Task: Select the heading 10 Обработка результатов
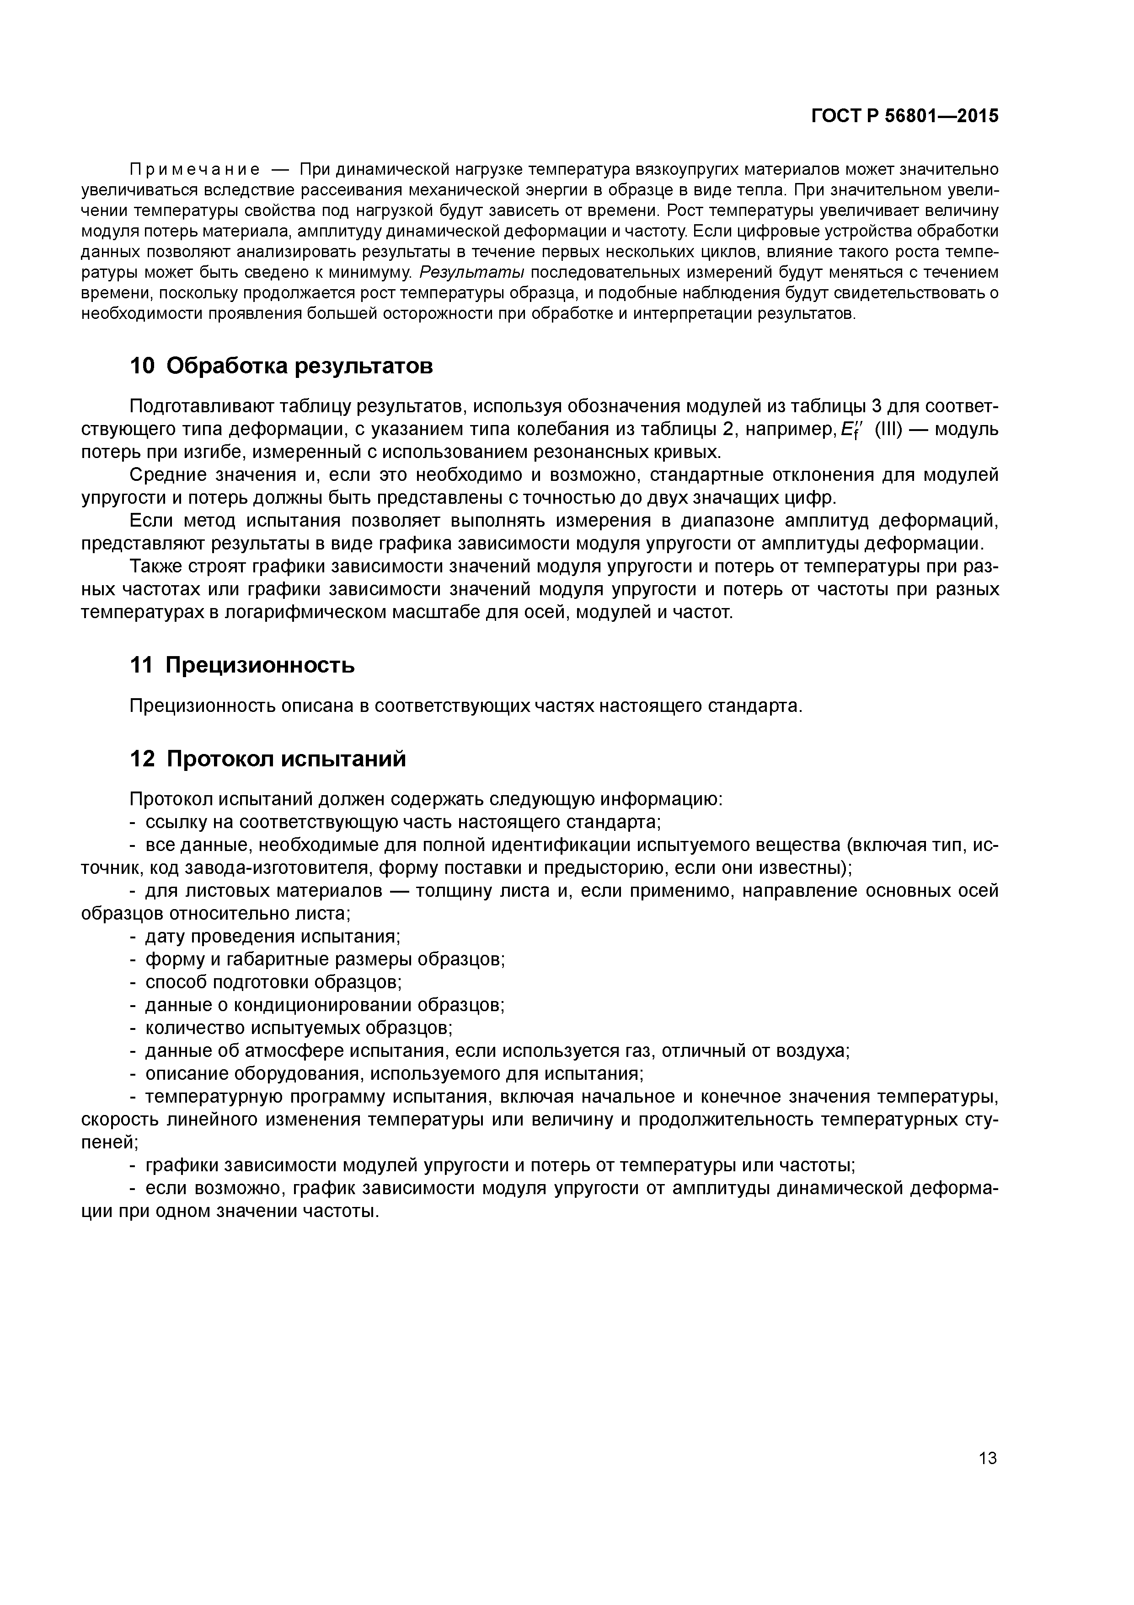tap(282, 366)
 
